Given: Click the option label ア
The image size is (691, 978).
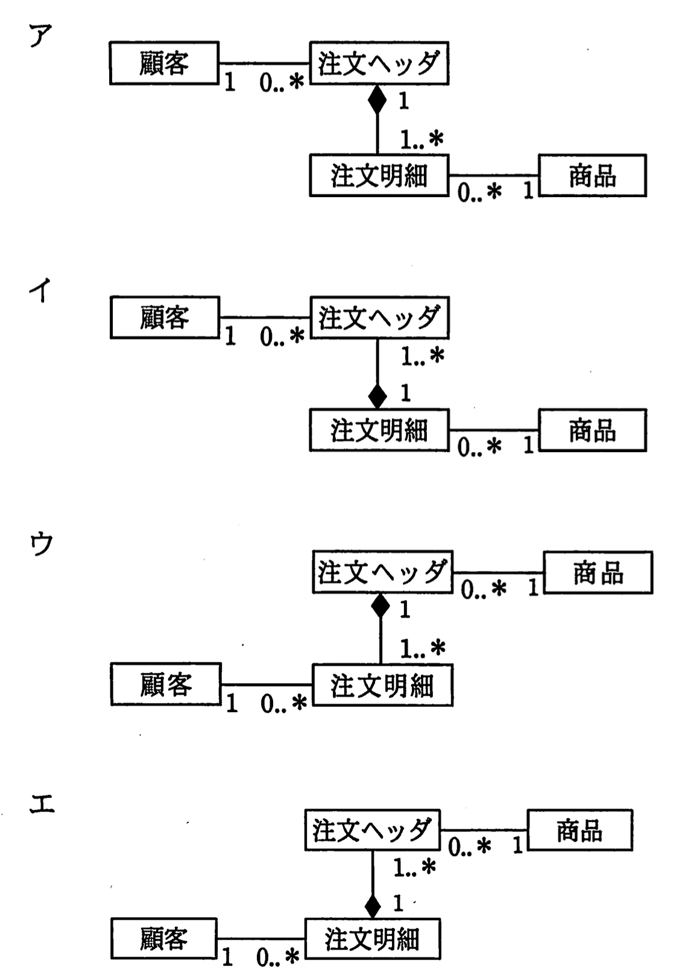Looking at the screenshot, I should [40, 36].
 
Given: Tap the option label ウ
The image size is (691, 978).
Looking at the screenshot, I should [42, 544].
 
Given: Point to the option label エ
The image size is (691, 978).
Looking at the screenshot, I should [42, 804].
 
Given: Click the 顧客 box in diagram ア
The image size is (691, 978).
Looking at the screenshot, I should [164, 63].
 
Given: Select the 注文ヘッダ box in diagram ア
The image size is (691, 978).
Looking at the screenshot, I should [379, 63].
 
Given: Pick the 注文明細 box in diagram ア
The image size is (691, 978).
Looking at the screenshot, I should [379, 175].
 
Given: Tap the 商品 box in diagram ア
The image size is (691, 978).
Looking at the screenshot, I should [592, 175].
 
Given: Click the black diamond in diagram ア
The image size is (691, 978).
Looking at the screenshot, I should [377, 99].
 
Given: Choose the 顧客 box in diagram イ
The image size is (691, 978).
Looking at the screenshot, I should [165, 317].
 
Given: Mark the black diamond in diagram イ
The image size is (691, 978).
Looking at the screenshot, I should [377, 396].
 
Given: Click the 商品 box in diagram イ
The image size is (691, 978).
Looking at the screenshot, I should [592, 430].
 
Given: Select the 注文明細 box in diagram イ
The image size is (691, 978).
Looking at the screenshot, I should [379, 430].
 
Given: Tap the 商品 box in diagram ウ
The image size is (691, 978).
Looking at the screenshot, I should [598, 572].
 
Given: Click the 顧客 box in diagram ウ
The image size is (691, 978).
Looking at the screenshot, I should [166, 684].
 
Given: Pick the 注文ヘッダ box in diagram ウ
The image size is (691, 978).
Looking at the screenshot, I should [382, 572].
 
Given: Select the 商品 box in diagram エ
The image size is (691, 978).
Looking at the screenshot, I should [579, 830].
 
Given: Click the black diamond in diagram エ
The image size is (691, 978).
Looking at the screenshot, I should [373, 905].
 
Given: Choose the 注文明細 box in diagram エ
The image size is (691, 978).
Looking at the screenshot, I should [372, 939].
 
